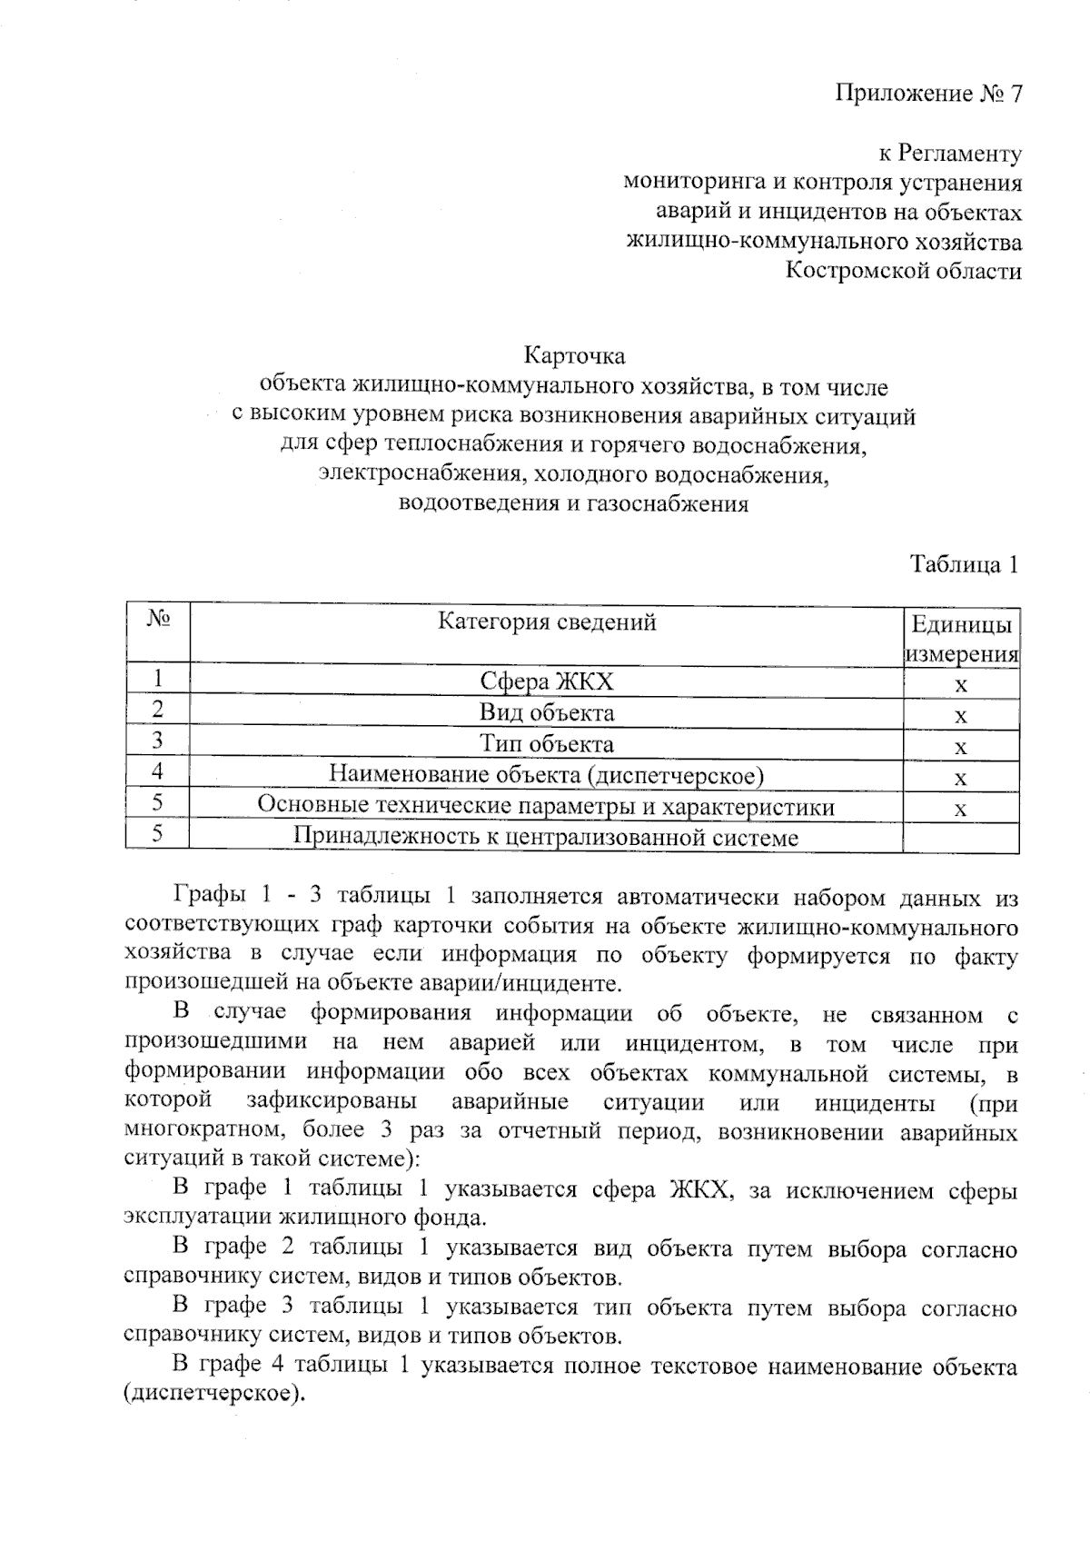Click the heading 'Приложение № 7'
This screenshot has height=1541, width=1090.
[928, 94]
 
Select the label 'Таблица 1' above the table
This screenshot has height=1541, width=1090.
[964, 564]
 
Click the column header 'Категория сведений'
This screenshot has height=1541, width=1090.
[547, 622]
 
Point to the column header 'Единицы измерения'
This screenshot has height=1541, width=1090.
[961, 639]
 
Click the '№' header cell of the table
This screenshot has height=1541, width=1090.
[158, 621]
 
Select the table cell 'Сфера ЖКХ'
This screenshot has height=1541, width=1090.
[547, 682]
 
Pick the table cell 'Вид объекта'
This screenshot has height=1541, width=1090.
[547, 713]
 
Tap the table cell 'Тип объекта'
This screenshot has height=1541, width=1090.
[547, 744]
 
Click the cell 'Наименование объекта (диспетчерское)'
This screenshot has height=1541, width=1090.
[547, 775]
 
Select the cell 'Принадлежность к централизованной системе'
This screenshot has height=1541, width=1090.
[547, 837]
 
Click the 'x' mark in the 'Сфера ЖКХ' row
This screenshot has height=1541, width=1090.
[961, 684]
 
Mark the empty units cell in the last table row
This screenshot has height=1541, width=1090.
[961, 837]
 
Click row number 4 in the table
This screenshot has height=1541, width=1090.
[158, 771]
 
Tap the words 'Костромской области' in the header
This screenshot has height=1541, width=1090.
[903, 271]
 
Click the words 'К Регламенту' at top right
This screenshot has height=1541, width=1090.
[950, 154]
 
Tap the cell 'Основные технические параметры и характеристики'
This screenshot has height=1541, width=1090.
[547, 806]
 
